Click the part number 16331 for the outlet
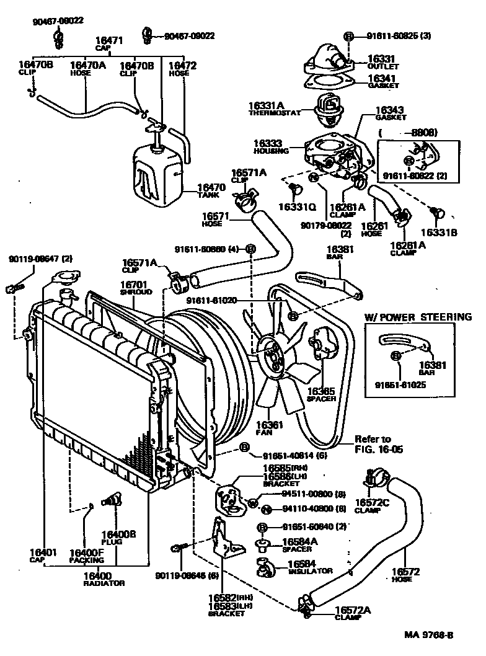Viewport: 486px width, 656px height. [x=381, y=59]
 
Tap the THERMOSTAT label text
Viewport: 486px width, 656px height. [x=274, y=113]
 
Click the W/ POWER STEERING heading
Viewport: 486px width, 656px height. [x=417, y=317]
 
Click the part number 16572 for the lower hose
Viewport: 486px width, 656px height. [x=405, y=572]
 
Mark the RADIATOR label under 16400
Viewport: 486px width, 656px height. [x=104, y=583]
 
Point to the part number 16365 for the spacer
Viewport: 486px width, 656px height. [x=321, y=391]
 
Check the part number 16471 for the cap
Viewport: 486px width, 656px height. [x=110, y=41]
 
